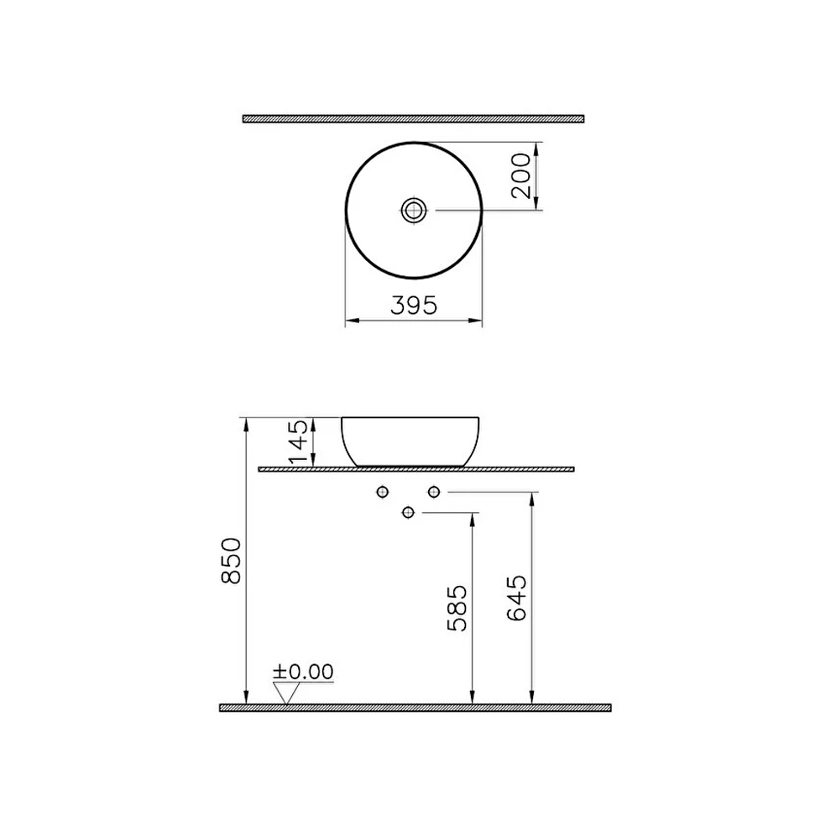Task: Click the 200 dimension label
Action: pos(521,175)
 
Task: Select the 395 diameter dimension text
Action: pos(414,306)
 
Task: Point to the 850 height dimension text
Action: pos(231,560)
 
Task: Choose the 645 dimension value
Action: pos(517,598)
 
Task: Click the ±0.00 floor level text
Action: pos(303,672)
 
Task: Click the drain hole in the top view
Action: pos(414,209)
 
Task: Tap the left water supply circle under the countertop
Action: pos(383,491)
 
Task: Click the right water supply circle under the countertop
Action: pos(434,491)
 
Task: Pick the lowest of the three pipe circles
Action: pos(409,512)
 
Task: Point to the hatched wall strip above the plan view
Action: pos(413,119)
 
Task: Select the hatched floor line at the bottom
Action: pos(415,708)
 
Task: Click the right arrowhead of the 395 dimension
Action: pos(478,321)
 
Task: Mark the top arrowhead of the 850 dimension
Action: pos(246,422)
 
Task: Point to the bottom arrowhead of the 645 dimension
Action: pos(531,698)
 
